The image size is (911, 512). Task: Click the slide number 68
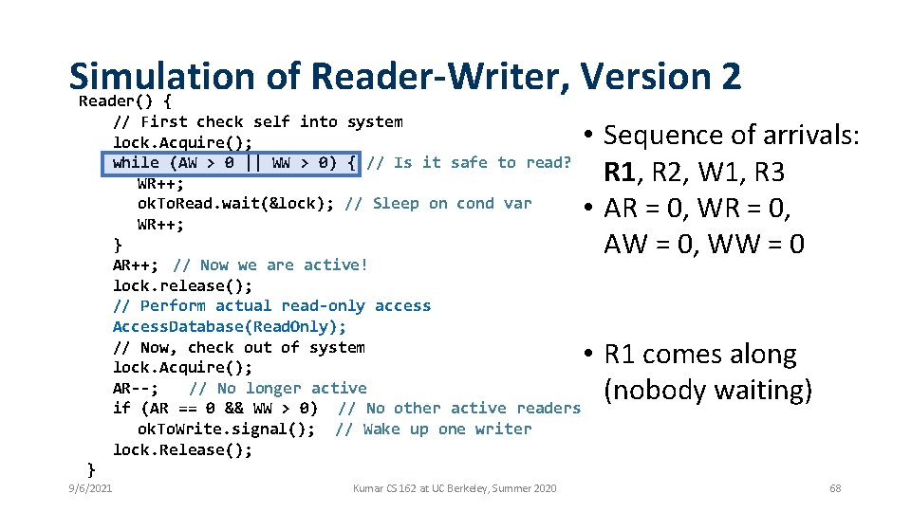835,488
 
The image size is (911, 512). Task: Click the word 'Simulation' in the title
161,76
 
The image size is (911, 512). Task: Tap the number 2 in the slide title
730,76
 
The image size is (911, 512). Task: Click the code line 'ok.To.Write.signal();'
227,429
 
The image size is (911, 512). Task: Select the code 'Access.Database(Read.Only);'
230,326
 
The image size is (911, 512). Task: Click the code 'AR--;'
136,388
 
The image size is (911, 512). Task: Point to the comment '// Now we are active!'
270,265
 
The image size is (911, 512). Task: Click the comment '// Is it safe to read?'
470,162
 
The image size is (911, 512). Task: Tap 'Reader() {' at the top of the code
124,101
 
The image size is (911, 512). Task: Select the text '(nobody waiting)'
708,391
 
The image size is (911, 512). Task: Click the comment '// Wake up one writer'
434,429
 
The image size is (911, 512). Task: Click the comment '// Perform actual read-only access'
271,305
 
